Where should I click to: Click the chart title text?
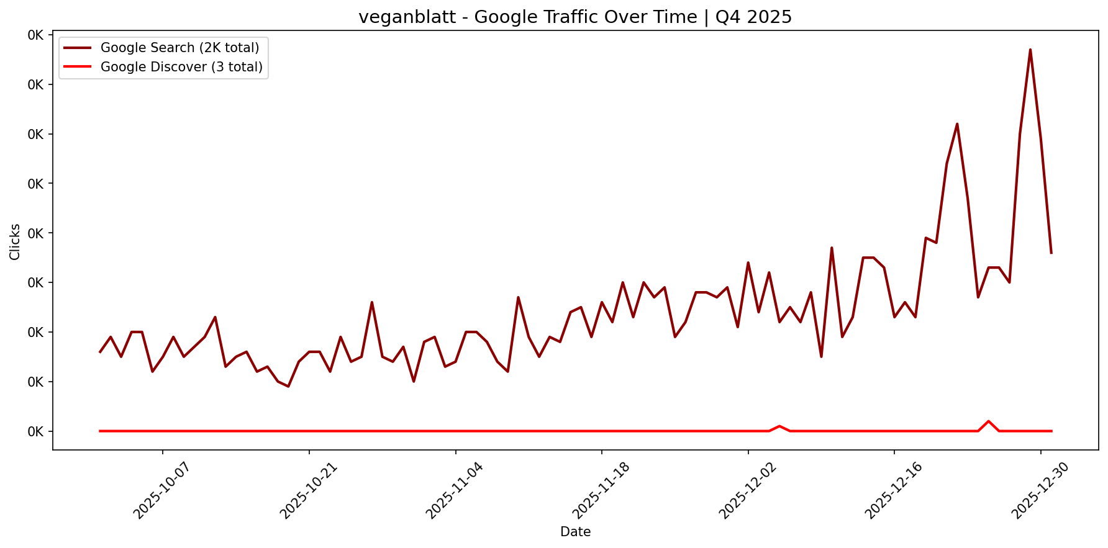tap(575, 17)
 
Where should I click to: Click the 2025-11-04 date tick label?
tap(454, 490)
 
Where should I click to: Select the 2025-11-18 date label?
tap(601, 490)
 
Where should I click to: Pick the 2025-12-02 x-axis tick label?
tap(747, 490)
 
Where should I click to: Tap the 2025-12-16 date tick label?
tap(893, 490)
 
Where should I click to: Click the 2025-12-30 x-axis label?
tap(1040, 490)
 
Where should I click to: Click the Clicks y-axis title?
tap(15, 242)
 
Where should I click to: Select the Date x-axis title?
tap(575, 532)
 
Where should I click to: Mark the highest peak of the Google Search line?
tap(1030, 50)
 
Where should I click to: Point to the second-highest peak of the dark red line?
tap(957, 124)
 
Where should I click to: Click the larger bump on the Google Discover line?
tap(988, 421)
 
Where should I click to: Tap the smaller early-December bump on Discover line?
tap(779, 426)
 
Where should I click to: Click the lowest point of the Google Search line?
tap(288, 387)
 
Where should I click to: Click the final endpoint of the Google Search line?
tap(1051, 253)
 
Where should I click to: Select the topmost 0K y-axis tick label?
tap(36, 35)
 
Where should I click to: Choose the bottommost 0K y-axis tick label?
tap(36, 431)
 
